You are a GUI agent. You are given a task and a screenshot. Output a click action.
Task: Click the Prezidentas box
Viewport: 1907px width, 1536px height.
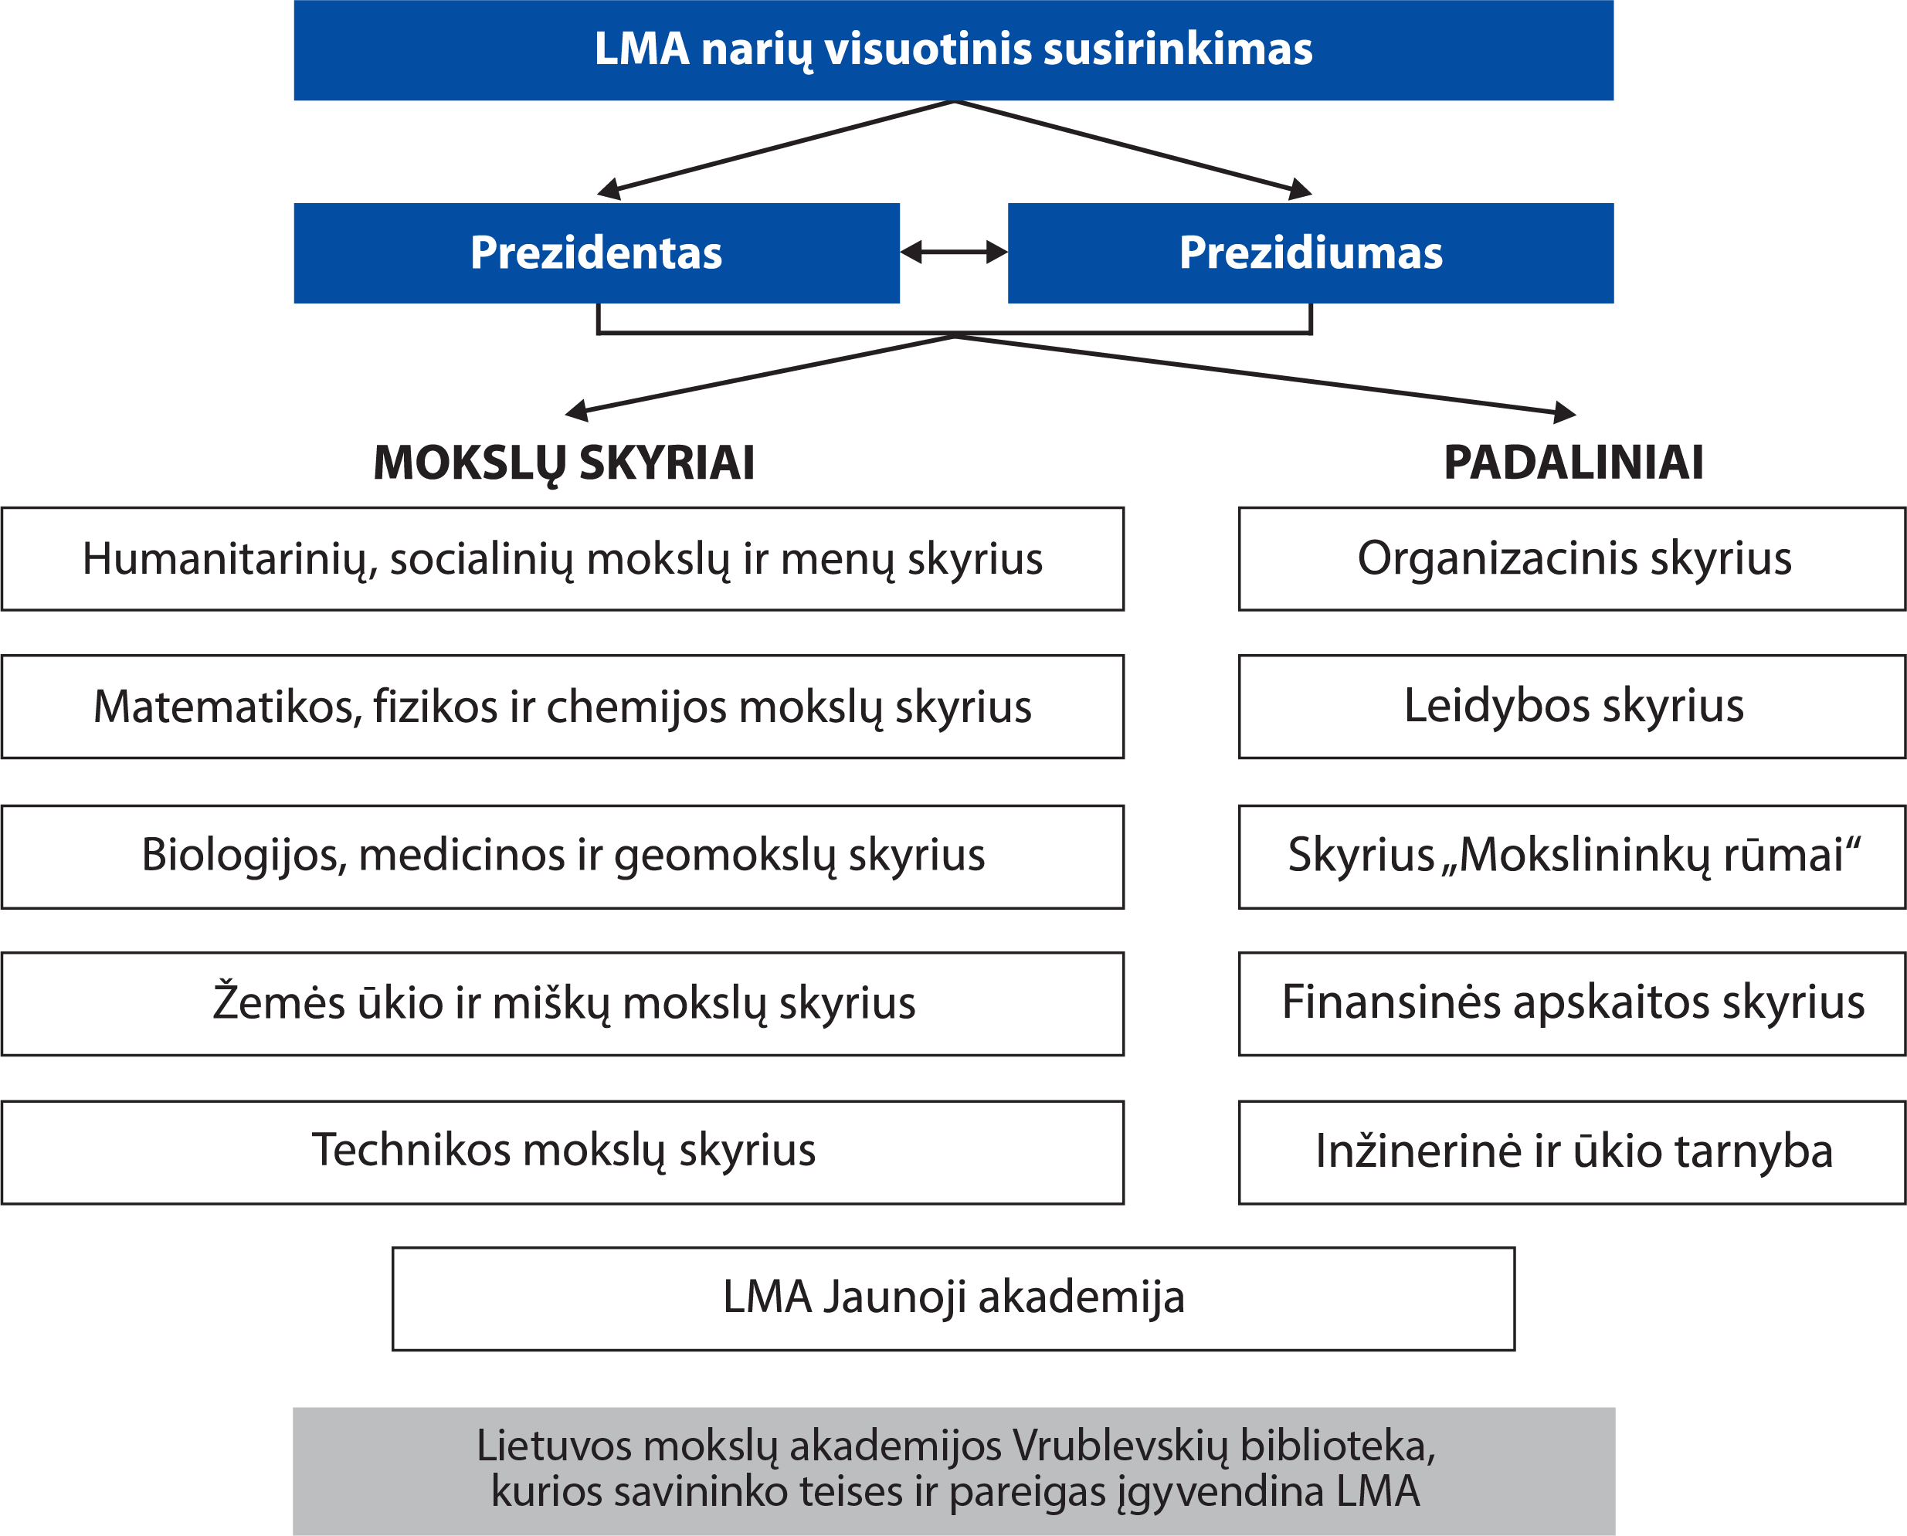click(x=596, y=253)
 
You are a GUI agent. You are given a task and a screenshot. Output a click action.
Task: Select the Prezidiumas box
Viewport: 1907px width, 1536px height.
click(x=1310, y=253)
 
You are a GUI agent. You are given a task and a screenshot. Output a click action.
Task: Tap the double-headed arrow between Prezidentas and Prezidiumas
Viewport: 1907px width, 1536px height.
click(x=954, y=253)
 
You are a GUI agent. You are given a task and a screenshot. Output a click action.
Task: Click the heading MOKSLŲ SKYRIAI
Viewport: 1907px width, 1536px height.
click(x=564, y=463)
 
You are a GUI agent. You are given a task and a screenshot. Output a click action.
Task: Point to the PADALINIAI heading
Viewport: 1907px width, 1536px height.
click(x=1573, y=462)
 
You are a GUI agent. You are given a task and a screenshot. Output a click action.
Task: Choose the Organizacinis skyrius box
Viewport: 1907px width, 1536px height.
click(x=1573, y=558)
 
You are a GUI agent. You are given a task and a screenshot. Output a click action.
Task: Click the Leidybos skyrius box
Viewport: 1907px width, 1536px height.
click(x=1573, y=706)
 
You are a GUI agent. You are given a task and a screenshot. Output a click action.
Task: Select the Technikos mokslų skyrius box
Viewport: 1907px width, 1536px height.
click(x=563, y=1151)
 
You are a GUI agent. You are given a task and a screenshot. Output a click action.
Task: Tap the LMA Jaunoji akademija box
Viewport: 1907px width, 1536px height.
click(x=953, y=1298)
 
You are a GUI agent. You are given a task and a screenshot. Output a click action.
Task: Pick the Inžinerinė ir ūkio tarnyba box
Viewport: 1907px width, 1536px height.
click(x=1573, y=1151)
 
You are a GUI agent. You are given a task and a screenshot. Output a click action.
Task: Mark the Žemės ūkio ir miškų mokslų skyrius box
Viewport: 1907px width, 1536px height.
click(x=563, y=1003)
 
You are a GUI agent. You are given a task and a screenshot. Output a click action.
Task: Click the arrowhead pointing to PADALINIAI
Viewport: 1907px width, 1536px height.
click(x=1565, y=412)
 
